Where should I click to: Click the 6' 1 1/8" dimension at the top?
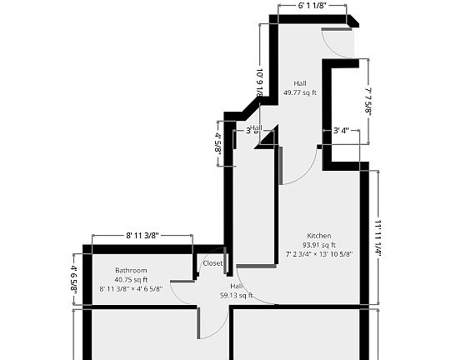click(x=311, y=6)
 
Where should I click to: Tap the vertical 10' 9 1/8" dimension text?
click(x=260, y=82)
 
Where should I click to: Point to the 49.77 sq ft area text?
click(x=299, y=93)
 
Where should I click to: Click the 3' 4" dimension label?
click(x=340, y=131)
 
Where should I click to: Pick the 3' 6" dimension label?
click(x=253, y=131)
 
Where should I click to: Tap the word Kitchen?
click(x=319, y=235)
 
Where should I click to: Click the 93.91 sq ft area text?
click(x=319, y=245)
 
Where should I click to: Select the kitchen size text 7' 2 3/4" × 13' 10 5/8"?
click(x=319, y=254)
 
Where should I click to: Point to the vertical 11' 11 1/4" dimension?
click(x=378, y=237)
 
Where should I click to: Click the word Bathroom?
click(x=131, y=270)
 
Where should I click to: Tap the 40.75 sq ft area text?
click(x=131, y=280)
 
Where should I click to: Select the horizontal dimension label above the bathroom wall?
click(x=142, y=236)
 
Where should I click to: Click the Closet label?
click(x=213, y=263)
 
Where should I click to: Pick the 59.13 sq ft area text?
click(x=236, y=295)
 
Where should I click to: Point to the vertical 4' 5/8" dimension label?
click(x=218, y=143)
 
